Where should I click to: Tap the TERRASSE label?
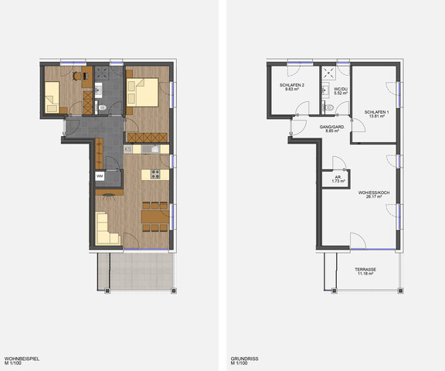tap(366, 270)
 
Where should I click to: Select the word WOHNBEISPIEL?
tap(22, 359)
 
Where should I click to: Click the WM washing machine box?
tap(100, 176)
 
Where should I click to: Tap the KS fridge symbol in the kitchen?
tap(128, 148)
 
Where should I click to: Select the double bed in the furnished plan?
tap(147, 92)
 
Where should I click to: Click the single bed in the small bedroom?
tap(54, 99)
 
